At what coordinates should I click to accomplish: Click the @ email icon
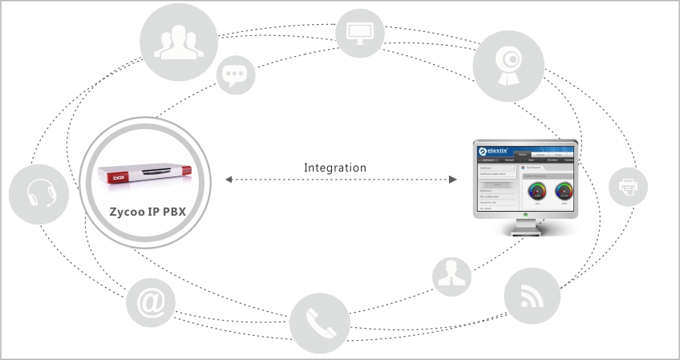[150, 304]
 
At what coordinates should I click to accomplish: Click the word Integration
[335, 168]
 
